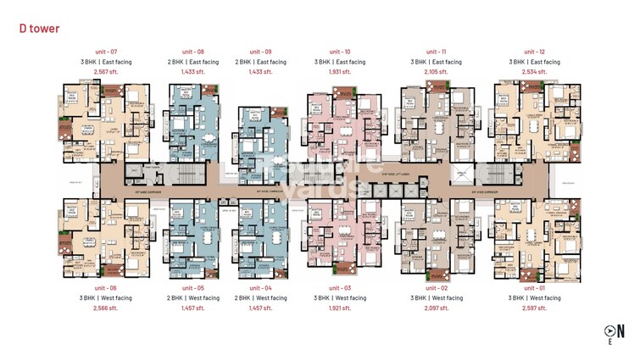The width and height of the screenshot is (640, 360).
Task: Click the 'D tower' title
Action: (x=39, y=28)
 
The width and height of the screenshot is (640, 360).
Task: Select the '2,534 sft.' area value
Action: (x=534, y=72)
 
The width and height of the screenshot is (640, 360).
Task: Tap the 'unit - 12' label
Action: (x=534, y=52)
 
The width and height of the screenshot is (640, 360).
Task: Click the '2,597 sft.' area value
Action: (x=534, y=308)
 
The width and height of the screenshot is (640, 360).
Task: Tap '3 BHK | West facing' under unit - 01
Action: (x=534, y=298)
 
